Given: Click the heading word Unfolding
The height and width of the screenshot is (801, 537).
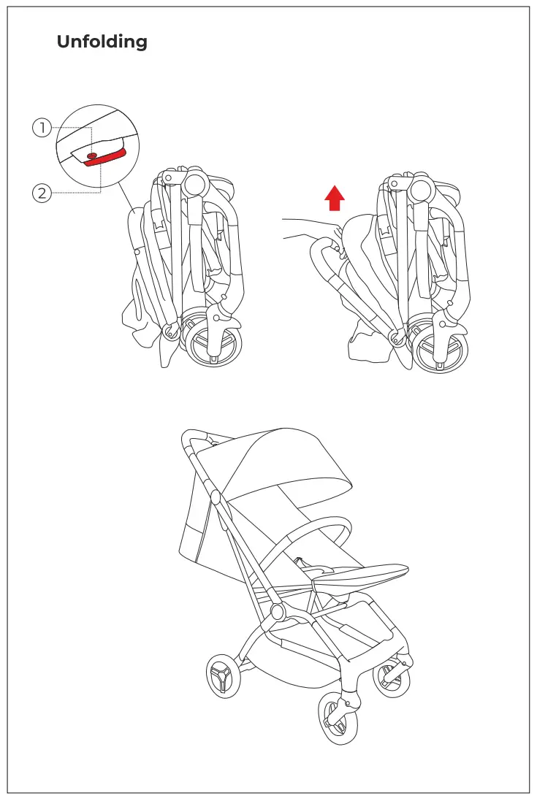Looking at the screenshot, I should coord(102,42).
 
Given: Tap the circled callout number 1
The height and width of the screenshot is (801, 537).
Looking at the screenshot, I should coord(42,128).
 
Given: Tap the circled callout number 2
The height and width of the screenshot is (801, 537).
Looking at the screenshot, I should coord(42,193).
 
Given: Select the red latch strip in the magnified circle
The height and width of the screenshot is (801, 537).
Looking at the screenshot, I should coord(107,156).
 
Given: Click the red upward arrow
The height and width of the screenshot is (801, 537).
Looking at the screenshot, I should coord(335,197).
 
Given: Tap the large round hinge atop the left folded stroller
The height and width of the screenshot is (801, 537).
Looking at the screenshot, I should coord(197,182).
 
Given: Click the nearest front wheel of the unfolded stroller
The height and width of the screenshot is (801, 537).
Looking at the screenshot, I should coord(338,719).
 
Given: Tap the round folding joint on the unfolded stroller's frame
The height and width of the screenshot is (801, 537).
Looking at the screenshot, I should coord(278,610).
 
